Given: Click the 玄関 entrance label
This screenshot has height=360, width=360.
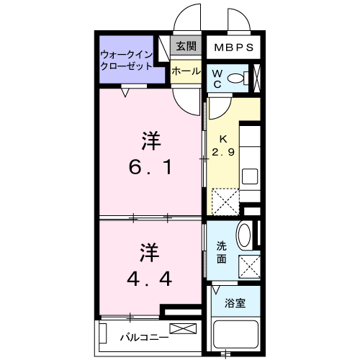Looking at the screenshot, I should [186, 47].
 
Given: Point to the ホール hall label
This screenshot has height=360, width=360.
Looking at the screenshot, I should [185, 71].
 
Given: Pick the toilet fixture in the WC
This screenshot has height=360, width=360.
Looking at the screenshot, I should [248, 78].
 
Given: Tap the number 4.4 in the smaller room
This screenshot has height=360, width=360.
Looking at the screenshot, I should [150, 278].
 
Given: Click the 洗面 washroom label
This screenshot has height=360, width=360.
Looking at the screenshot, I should [222, 252].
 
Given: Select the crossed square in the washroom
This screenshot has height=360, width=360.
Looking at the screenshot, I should [249, 267].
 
